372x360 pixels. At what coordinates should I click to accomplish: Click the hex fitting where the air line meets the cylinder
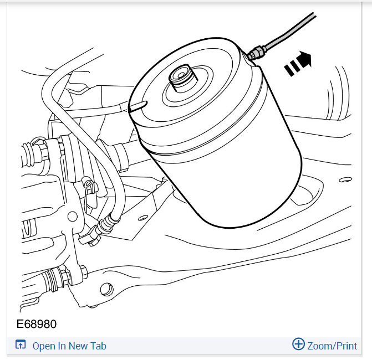pos(256,53)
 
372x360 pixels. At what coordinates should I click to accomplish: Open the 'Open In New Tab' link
pos(69,346)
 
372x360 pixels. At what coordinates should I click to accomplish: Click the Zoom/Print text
pos(332,346)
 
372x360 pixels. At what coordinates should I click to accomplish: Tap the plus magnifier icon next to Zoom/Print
pos(298,344)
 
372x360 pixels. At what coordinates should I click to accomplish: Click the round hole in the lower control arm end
pos(105,289)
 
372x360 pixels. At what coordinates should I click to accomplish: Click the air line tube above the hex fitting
pos(288,32)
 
